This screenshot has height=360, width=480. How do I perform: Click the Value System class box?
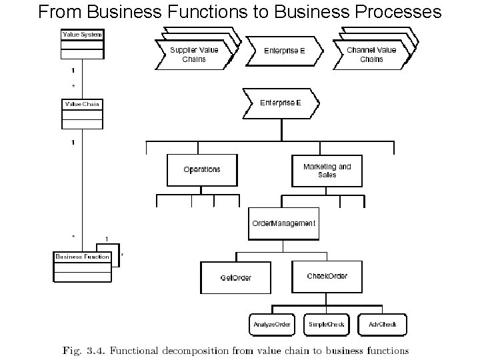[82, 44]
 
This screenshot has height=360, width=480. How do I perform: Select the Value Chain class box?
[82, 114]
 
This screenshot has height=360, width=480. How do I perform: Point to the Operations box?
[201, 170]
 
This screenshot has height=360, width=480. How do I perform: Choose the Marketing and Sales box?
[327, 171]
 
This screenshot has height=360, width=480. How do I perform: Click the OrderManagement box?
[283, 223]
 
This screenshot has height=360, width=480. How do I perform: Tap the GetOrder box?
[235, 277]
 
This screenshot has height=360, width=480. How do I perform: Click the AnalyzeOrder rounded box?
[272, 325]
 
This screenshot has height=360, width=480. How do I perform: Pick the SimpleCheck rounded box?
[327, 325]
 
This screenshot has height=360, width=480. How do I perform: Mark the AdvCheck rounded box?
[382, 325]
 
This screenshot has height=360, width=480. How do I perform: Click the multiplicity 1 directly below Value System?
[73, 69]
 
